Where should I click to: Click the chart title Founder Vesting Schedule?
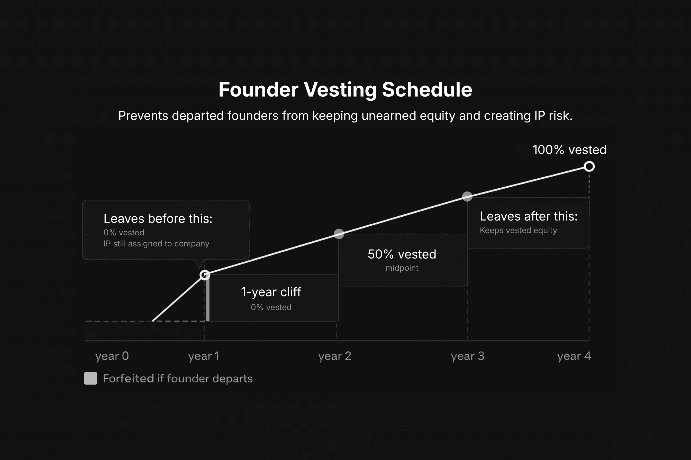[345, 90]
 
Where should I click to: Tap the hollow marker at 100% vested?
[589, 167]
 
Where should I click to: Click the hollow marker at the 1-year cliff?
[205, 275]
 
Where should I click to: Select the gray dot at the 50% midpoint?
[339, 234]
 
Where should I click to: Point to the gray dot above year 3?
[467, 196]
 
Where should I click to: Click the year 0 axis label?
[112, 356]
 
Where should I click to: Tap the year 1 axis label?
[204, 356]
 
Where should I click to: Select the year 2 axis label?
[335, 356]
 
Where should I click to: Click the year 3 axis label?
[467, 356]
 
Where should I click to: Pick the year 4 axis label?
[574, 356]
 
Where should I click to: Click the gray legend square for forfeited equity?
[90, 378]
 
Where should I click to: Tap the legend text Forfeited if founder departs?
[178, 378]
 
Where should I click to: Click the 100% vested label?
[569, 150]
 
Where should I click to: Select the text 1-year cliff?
[271, 292]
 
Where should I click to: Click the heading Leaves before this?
[158, 218]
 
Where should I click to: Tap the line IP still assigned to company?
[156, 244]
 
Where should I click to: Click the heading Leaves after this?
[529, 216]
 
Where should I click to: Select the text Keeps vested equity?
[518, 230]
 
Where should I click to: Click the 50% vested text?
[402, 254]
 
